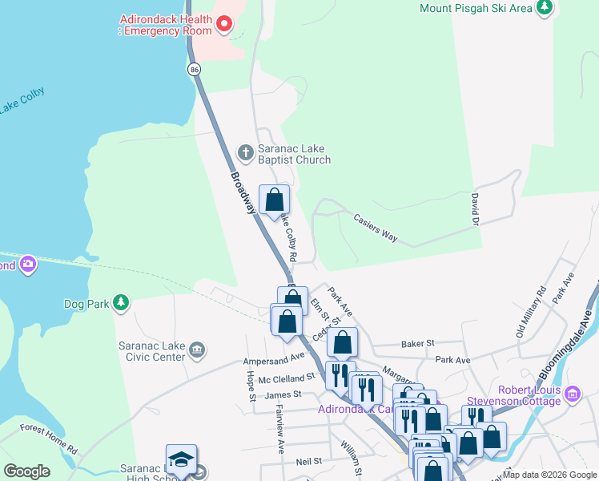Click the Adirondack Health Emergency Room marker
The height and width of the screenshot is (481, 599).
coord(224,23)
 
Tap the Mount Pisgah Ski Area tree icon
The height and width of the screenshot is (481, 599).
coord(545,8)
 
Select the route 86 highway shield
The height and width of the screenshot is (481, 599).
coord(195,70)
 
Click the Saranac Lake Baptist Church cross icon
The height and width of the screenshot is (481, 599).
coord(246,152)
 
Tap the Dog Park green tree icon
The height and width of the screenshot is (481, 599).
coord(120,303)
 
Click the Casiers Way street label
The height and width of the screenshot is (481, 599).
coord(376,226)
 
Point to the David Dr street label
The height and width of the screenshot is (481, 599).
coord(475,208)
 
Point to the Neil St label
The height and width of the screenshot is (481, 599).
coord(308,462)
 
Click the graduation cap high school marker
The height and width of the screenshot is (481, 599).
coord(181,459)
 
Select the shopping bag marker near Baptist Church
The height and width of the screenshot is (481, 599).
coord(274,200)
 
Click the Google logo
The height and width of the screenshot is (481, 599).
coord(26,471)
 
